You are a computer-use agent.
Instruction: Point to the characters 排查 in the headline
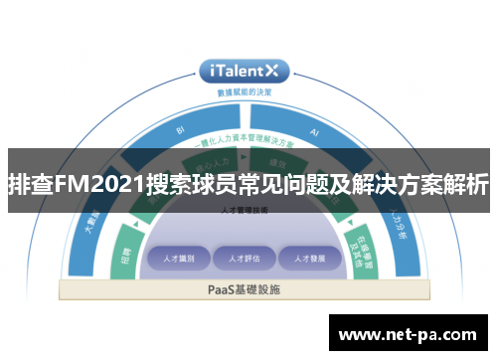point(30,184)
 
